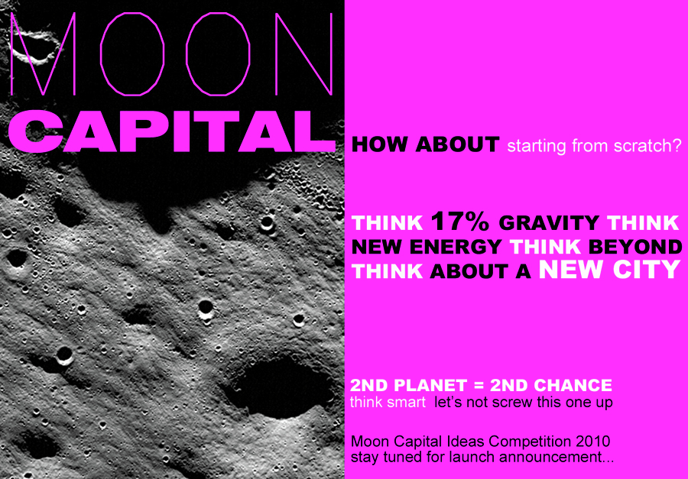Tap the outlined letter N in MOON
pos(303,53)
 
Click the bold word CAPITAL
pos(172,131)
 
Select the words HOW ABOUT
pos(425,144)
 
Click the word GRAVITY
pos(548,223)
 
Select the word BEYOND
pos(635,247)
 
